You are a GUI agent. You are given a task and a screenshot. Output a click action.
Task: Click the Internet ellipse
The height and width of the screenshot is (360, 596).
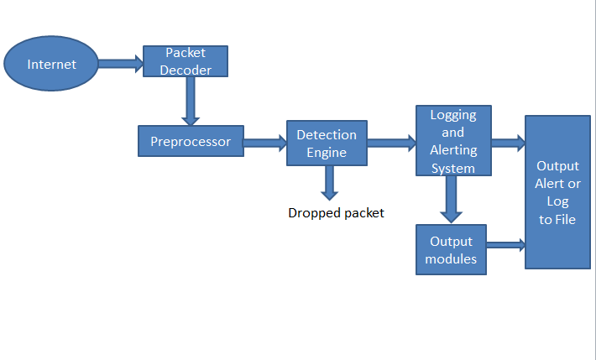click(52, 65)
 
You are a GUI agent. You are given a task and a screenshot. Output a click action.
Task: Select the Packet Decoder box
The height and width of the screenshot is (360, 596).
click(186, 61)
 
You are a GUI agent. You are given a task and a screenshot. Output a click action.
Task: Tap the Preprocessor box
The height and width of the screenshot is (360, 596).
click(191, 141)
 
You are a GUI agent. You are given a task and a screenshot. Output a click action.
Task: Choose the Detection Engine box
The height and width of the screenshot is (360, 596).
click(327, 143)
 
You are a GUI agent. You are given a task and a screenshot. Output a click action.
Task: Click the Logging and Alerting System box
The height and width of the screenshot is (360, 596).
click(453, 141)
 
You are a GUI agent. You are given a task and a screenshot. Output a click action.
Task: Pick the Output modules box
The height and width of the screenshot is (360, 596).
click(452, 249)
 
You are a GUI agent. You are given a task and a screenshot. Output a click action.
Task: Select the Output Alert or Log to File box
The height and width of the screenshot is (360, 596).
click(557, 192)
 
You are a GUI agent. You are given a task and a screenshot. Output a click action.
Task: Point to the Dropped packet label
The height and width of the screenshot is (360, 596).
click(336, 213)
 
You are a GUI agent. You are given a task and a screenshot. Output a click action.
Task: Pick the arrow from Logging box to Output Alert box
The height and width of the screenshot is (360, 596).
click(508, 143)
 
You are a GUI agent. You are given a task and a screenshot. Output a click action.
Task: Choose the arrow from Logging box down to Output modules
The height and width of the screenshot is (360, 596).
click(452, 199)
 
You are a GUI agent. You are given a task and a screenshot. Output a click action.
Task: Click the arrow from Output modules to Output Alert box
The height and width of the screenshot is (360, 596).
click(506, 245)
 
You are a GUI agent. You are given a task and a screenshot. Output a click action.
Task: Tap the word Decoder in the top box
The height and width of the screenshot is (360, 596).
click(186, 70)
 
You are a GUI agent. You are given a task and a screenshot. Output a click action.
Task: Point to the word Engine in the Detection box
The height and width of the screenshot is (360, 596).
click(327, 152)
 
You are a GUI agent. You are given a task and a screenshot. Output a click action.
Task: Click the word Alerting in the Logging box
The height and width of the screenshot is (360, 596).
click(453, 151)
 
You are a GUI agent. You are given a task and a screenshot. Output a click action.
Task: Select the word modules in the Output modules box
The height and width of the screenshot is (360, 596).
click(452, 258)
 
